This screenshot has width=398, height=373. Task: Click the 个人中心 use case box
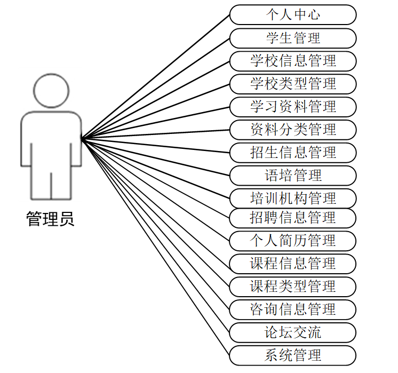point(293,14)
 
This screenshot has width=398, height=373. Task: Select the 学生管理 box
point(293,38)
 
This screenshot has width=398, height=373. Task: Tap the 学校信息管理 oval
point(293,61)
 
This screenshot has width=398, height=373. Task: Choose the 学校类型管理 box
point(293,84)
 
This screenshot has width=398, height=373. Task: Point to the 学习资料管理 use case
point(293,107)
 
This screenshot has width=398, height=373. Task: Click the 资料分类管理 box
point(293,130)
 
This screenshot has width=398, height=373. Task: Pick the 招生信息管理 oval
point(293,153)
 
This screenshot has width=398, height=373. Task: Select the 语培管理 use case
point(293,176)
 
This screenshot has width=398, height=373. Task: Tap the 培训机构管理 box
point(293,199)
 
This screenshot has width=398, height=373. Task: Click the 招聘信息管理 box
point(293,218)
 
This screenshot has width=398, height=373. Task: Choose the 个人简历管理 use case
point(293,241)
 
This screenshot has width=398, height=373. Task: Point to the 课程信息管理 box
point(293,264)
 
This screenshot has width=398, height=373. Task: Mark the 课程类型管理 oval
point(293,287)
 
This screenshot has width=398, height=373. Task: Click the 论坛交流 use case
point(293,332)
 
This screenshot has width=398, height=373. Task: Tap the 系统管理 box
point(293,355)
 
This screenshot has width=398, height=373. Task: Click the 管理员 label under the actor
point(51,219)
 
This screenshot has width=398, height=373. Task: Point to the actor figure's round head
point(51,90)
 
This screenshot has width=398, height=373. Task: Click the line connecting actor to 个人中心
point(155,77)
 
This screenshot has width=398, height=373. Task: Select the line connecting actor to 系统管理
point(155,247)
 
